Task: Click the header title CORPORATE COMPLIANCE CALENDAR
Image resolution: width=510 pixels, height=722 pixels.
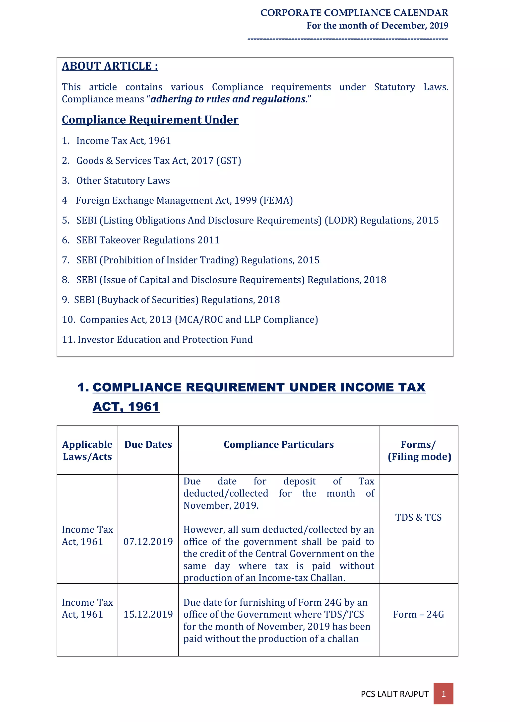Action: coord(354,12)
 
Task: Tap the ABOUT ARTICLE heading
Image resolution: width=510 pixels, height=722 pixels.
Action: coord(110,66)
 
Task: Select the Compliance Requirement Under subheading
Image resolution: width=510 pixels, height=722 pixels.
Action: coord(150,120)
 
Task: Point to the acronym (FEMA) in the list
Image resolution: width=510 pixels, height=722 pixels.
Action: coord(276,200)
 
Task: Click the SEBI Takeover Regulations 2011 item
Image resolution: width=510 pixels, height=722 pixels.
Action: coord(148,240)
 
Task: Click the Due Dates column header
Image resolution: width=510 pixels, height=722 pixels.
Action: coord(148,444)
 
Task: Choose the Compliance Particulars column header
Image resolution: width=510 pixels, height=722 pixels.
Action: coord(278,444)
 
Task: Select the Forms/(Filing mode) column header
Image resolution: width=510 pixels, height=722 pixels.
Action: coord(419,450)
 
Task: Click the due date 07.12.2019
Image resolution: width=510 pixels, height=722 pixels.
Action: coord(148,542)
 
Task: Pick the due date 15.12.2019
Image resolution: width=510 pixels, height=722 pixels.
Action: coord(148,614)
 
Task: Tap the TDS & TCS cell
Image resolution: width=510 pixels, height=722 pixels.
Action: coord(418,517)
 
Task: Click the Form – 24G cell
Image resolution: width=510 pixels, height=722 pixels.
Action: coord(418,614)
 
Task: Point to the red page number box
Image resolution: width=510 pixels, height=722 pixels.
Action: coord(443,694)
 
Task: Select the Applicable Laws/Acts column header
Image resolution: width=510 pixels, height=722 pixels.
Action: coord(87,450)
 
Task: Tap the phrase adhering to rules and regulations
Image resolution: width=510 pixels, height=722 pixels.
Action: coord(228,99)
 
